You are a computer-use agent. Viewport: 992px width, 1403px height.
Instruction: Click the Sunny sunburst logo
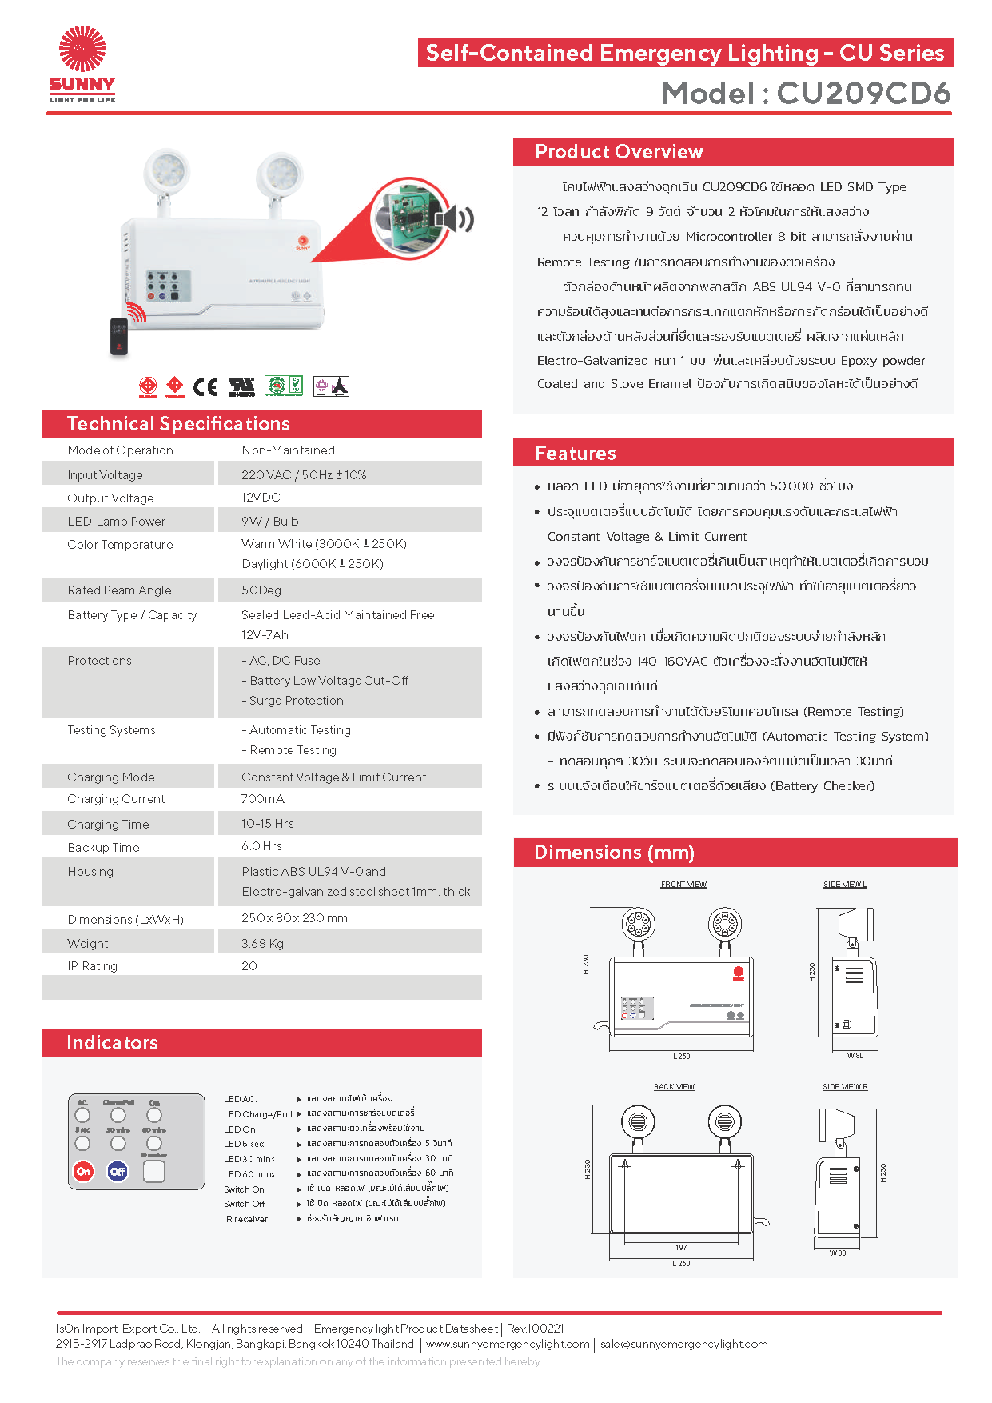coord(82,50)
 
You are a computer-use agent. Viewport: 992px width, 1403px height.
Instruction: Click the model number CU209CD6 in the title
coord(863,94)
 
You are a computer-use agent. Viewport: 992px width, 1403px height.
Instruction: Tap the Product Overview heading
coord(619,152)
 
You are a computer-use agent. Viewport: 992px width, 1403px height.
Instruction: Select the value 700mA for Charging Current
coord(262,799)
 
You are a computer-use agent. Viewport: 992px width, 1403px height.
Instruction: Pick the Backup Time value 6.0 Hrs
coord(261,846)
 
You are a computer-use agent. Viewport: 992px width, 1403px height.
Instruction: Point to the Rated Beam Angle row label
coord(119,590)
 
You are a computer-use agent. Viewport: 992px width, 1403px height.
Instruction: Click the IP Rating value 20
coord(249,966)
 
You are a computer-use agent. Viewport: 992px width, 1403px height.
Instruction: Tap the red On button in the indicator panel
coord(83,1172)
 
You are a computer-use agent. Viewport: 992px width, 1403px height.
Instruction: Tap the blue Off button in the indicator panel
coord(118,1172)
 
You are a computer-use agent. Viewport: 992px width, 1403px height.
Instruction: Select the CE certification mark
coord(205,387)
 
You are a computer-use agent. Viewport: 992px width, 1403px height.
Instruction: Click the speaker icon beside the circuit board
coord(453,218)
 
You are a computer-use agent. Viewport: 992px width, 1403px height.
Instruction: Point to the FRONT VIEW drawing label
coord(683,885)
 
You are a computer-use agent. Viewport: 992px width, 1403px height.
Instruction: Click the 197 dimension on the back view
coord(681,1248)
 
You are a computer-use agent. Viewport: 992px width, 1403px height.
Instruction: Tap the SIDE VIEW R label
coord(845,1087)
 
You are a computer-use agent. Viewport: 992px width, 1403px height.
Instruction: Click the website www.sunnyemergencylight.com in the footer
coord(508,1345)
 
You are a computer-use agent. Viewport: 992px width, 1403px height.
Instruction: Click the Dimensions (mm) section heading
coord(614,853)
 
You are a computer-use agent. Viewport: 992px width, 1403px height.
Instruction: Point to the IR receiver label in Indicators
coord(245,1220)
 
